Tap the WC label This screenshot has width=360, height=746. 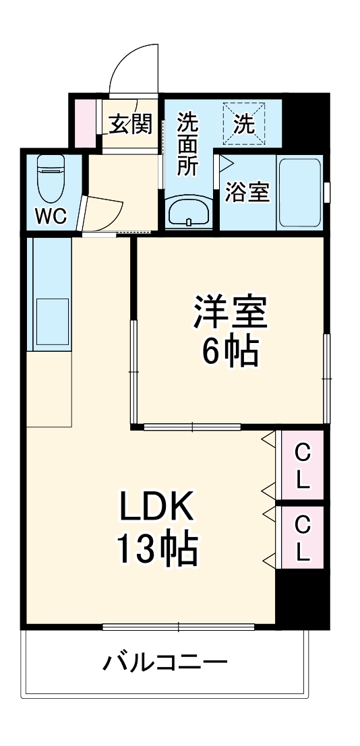(x=51, y=216)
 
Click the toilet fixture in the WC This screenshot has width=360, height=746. (x=51, y=178)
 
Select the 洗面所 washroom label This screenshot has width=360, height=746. (x=187, y=144)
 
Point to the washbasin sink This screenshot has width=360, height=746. (x=188, y=213)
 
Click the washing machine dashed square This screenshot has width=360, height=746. (x=243, y=122)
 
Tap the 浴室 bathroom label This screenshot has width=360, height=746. (x=247, y=192)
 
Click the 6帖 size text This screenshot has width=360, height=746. (x=231, y=351)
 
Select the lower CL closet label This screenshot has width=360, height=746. (x=303, y=538)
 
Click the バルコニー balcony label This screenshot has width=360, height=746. (x=164, y=663)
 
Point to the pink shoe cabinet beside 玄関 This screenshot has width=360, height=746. (x=86, y=123)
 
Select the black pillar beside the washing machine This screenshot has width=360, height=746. (x=305, y=121)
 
